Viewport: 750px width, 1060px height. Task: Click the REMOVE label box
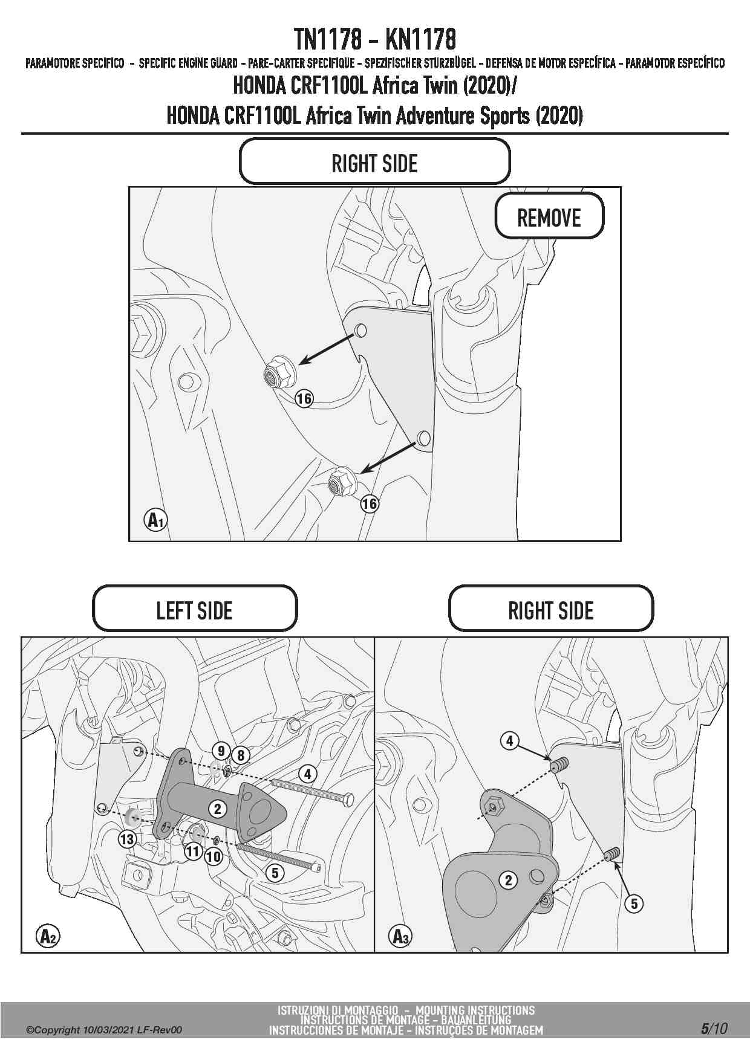pos(549,216)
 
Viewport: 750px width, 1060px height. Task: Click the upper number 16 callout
pos(304,398)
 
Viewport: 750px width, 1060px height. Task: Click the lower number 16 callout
pos(369,503)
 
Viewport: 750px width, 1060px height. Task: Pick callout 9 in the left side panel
pos(221,751)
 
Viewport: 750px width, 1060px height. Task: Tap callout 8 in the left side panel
pos(241,755)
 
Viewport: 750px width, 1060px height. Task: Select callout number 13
pos(127,839)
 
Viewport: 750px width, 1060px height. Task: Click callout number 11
pos(192,852)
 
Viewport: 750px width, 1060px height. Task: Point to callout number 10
pos(214,856)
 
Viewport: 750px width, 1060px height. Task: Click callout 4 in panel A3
pos(510,740)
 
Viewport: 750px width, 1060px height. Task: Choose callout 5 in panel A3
pos(634,903)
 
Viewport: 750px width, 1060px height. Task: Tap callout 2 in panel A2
pos(218,809)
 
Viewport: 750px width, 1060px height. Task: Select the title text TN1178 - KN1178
pos(375,40)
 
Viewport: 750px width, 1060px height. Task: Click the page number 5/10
pos(714,1029)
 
